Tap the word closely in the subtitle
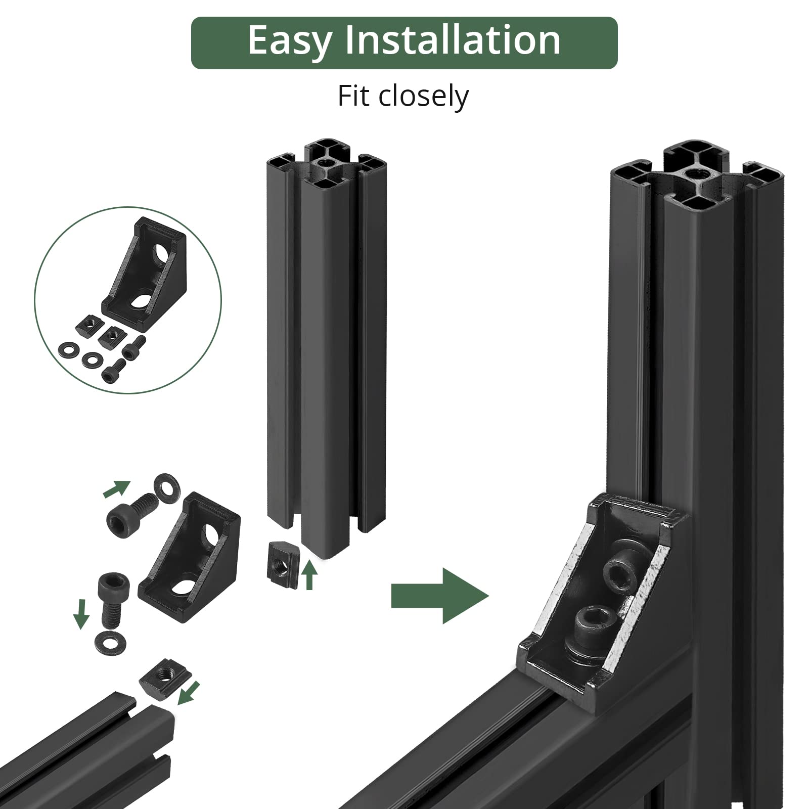424,97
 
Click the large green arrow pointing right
440,596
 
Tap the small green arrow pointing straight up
309,576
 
